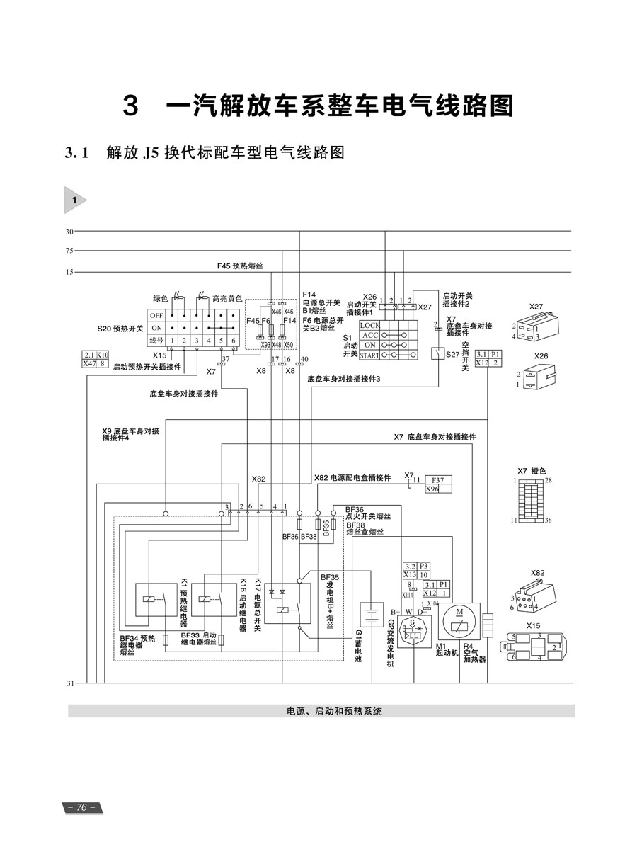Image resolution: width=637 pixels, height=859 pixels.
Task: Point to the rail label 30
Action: [x=69, y=232]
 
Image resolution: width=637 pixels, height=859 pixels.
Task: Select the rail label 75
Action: [x=69, y=250]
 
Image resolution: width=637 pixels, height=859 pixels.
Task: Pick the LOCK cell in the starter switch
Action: [x=370, y=325]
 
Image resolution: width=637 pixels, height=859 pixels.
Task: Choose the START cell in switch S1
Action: [x=369, y=355]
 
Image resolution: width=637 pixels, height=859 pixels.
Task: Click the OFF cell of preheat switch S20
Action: [x=156, y=315]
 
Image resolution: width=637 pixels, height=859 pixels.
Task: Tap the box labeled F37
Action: [x=437, y=479]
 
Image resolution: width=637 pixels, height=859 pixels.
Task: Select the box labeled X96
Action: [x=432, y=489]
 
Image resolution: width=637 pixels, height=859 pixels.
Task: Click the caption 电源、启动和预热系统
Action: [x=334, y=711]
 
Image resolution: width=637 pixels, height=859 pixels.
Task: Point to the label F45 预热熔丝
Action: [x=240, y=266]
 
